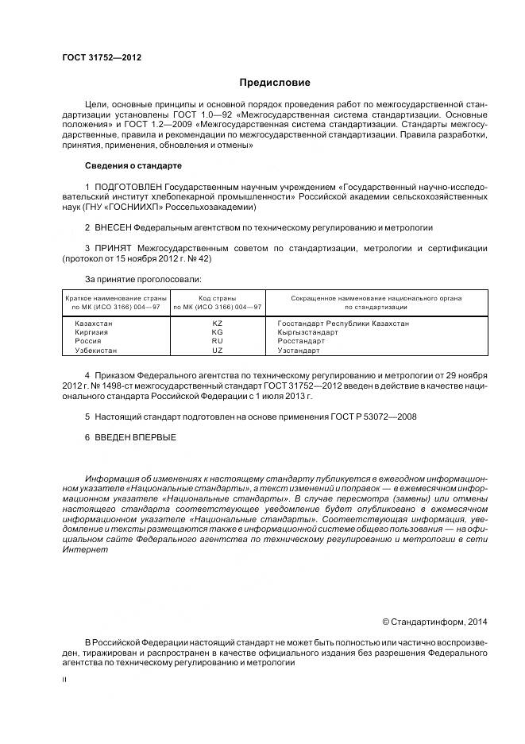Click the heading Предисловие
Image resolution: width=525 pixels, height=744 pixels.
coord(275,83)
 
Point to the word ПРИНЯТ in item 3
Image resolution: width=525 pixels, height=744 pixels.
coord(114,248)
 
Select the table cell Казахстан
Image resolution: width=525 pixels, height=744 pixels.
coord(93,324)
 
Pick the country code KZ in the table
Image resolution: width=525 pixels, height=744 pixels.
coord(217,324)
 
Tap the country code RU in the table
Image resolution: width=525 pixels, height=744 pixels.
coord(217,341)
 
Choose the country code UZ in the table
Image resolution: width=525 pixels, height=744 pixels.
coord(217,350)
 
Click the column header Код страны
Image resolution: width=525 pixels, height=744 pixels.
coord(217,297)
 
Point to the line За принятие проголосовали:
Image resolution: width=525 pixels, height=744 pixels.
coord(143,279)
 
